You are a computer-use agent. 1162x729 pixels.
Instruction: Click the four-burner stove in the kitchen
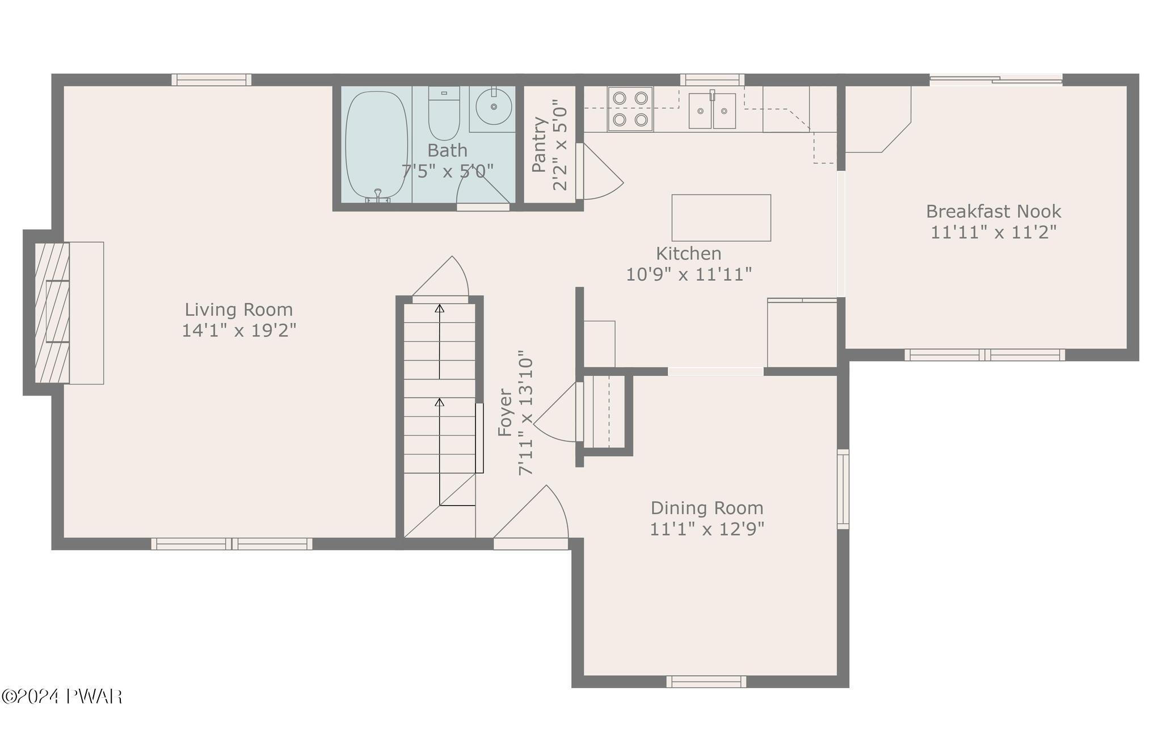coord(630,109)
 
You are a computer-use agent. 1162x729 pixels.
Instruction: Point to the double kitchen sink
coord(712,111)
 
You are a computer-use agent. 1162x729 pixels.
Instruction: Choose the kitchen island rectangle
coord(721,218)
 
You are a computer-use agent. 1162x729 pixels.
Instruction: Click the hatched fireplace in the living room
coord(52,313)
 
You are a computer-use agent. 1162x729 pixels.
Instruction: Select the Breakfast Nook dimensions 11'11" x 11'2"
coord(993,232)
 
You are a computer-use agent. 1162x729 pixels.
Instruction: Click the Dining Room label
coord(707,508)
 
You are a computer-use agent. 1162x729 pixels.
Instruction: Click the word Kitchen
coord(689,253)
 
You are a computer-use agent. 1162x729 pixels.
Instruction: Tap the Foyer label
coord(505,412)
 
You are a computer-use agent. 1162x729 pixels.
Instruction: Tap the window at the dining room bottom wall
coord(706,682)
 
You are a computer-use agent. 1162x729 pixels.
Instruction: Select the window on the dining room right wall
coord(844,489)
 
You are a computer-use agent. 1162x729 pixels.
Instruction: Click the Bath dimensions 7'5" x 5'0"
coord(448,171)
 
